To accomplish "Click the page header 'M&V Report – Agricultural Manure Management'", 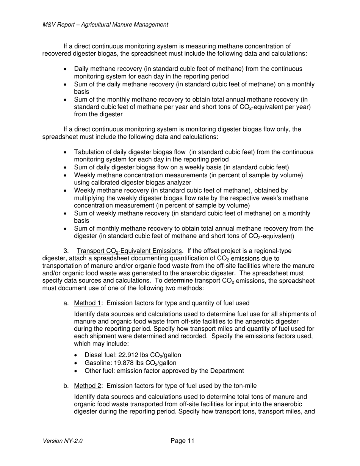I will click(105, 25).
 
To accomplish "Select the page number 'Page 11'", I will click(182, 440).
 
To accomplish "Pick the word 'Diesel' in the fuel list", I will click(93, 355).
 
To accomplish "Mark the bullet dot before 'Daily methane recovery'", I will click(67, 69).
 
